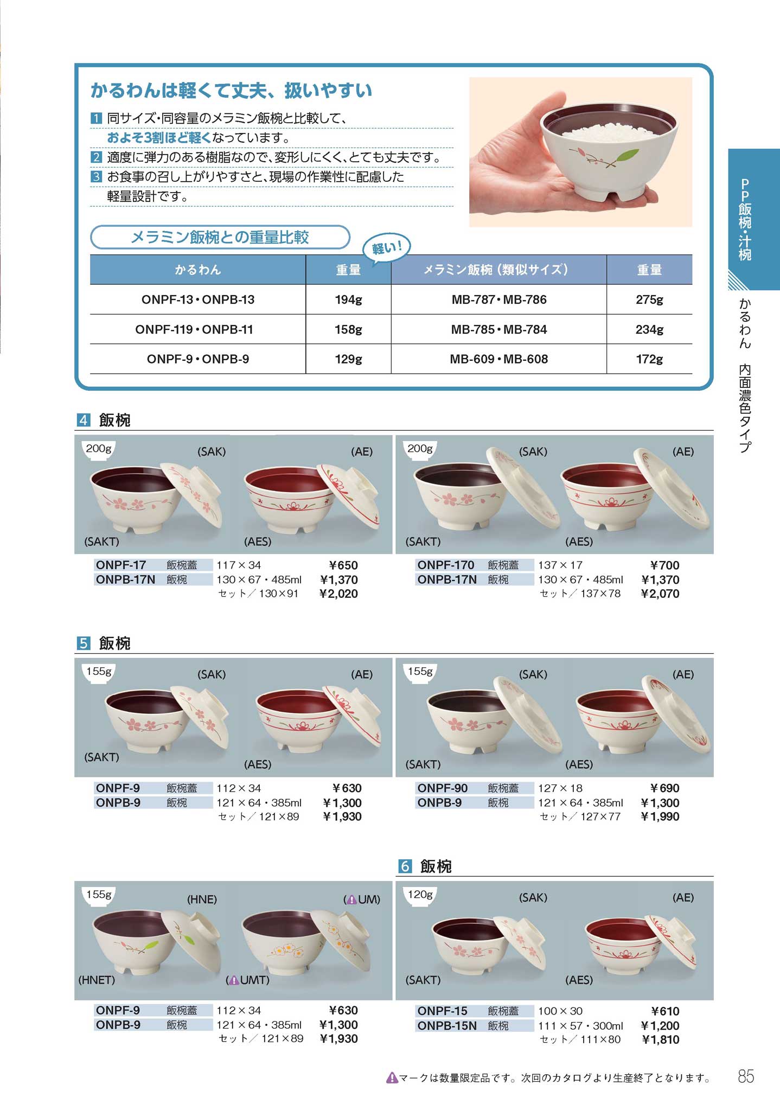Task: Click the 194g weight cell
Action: pyautogui.click(x=348, y=299)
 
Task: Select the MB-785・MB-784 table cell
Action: pyautogui.click(x=499, y=329)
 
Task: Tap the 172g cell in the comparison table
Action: pyautogui.click(x=649, y=359)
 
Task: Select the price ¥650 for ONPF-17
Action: pyautogui.click(x=343, y=565)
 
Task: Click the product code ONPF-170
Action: pyautogui.click(x=445, y=565)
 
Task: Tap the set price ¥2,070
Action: pyautogui.click(x=660, y=594)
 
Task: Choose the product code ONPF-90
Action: pyautogui.click(x=442, y=788)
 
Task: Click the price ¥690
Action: pyautogui.click(x=664, y=788)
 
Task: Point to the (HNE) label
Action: pyautogui.click(x=202, y=899)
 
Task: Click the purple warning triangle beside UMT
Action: pyautogui.click(x=234, y=980)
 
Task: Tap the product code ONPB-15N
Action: pyautogui.click(x=447, y=1026)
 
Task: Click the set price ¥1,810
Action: pyautogui.click(x=660, y=1039)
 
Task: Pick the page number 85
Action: pyautogui.click(x=746, y=1076)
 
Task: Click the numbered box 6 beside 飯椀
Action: pyautogui.click(x=405, y=866)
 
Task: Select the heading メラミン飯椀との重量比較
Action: pyautogui.click(x=220, y=237)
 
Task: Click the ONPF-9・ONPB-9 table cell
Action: pyautogui.click(x=198, y=359)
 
